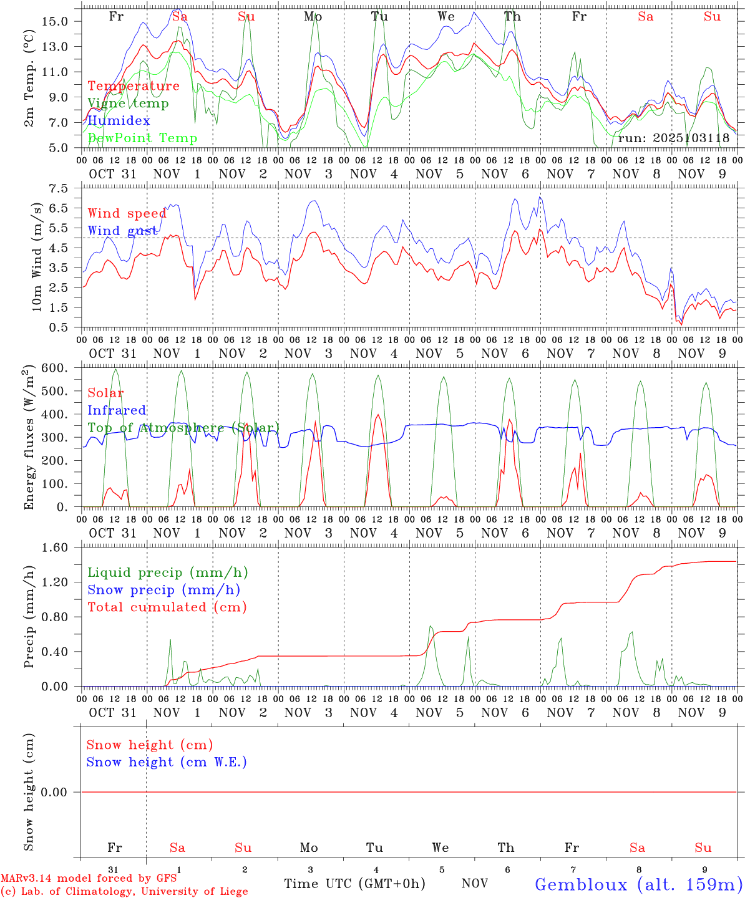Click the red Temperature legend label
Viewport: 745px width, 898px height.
point(134,86)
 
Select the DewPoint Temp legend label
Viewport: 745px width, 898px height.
point(142,138)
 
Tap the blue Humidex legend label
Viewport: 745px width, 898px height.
point(119,120)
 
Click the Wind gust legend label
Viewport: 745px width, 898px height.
point(122,231)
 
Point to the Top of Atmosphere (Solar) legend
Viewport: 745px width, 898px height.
point(183,428)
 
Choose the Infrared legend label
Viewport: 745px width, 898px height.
point(117,410)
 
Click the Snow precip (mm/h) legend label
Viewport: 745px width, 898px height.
point(163,590)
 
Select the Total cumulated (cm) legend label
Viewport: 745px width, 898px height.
point(167,607)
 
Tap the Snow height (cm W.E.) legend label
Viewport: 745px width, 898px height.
point(167,762)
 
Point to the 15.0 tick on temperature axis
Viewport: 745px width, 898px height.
point(54,21)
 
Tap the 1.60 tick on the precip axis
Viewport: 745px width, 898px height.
point(56,548)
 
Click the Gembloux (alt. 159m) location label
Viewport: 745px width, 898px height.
point(638,884)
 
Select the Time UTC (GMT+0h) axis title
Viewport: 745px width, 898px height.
point(354,884)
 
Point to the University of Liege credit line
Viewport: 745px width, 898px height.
point(124,892)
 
